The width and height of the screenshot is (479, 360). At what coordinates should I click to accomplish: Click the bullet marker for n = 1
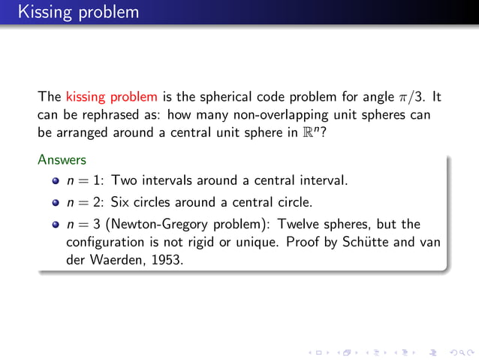pos(56,182)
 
